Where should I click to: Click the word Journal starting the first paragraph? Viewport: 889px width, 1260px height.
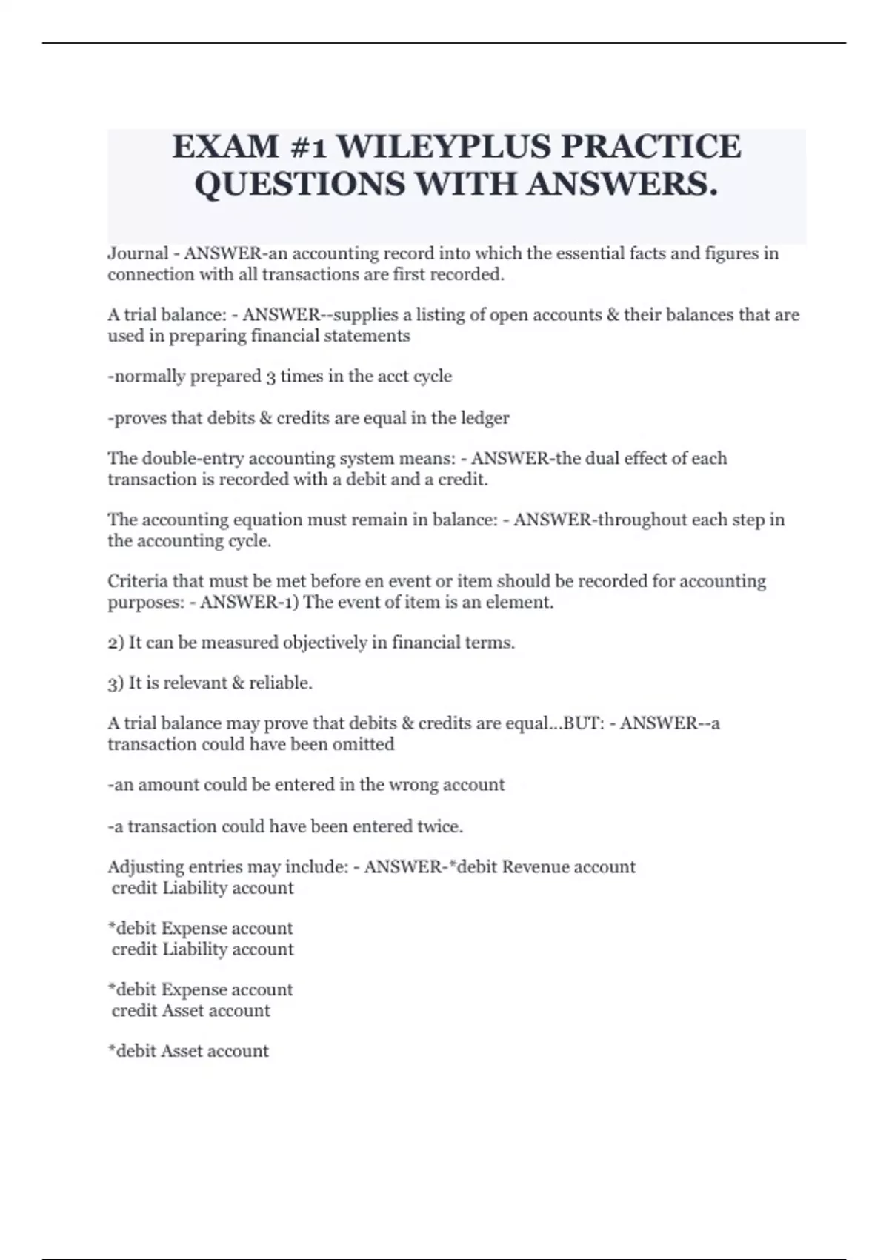click(x=138, y=253)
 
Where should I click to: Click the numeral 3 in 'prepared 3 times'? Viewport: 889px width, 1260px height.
click(x=270, y=377)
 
